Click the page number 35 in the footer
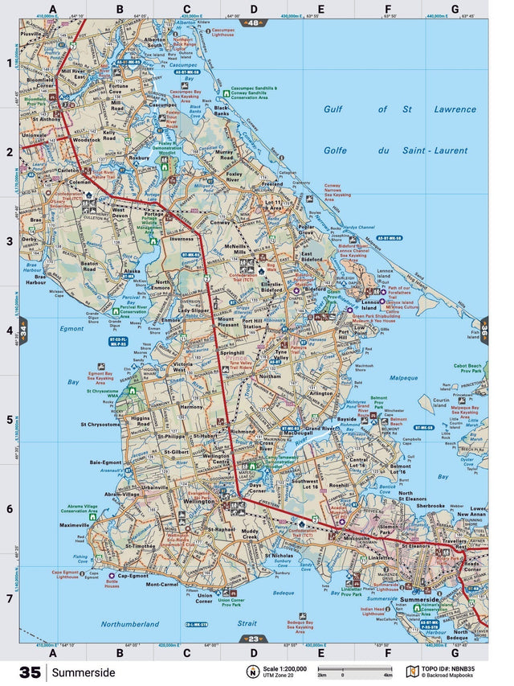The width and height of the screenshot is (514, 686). click(30, 672)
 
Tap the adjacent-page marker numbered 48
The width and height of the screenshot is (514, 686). click(253, 23)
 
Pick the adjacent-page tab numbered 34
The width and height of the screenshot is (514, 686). click(24, 330)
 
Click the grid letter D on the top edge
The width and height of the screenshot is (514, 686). click(253, 10)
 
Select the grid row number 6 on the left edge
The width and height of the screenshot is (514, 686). click(10, 509)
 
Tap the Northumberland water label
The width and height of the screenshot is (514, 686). click(130, 624)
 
